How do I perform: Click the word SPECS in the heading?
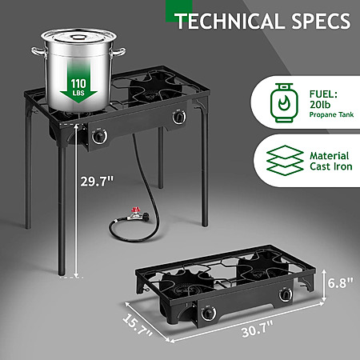[321, 21]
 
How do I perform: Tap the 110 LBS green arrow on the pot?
[78, 86]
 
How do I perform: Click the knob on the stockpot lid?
[78, 38]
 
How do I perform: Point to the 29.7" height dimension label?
[97, 182]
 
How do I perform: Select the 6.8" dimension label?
[341, 282]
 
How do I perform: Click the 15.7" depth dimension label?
[137, 326]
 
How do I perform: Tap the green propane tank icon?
[284, 102]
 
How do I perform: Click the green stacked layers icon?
[285, 160]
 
